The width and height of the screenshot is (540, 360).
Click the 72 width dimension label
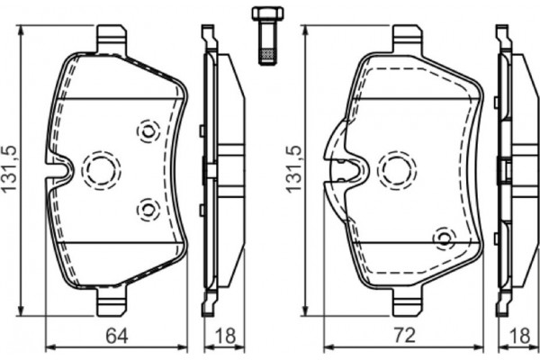tap(404, 337)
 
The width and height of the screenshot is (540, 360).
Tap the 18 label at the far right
tap(519, 337)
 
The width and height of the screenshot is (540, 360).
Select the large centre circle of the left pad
tap(101, 168)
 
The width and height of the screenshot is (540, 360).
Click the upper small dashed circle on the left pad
tap(147, 130)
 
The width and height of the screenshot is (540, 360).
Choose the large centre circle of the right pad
tap(397, 168)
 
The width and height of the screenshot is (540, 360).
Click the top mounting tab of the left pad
tap(111, 40)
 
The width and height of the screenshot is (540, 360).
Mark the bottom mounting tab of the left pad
tap(111, 298)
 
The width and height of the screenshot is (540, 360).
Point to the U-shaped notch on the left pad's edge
tap(58, 168)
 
